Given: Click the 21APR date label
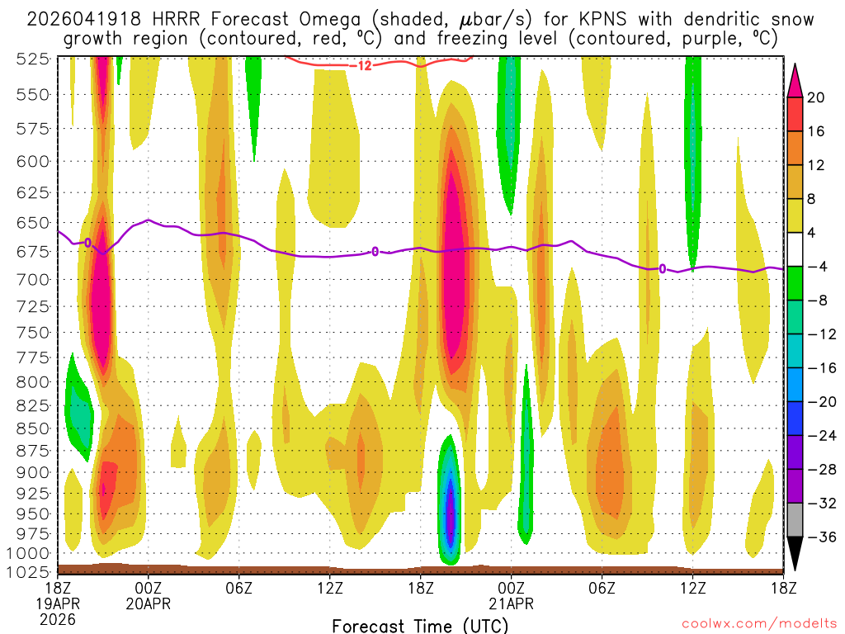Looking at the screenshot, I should click(x=511, y=603).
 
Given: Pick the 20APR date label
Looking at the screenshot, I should click(x=148, y=603).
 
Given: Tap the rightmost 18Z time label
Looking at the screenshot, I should click(x=782, y=588).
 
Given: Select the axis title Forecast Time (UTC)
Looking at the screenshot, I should click(x=420, y=625).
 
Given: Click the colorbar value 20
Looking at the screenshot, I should click(x=816, y=97).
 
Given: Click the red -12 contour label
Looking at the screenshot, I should click(x=364, y=65).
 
